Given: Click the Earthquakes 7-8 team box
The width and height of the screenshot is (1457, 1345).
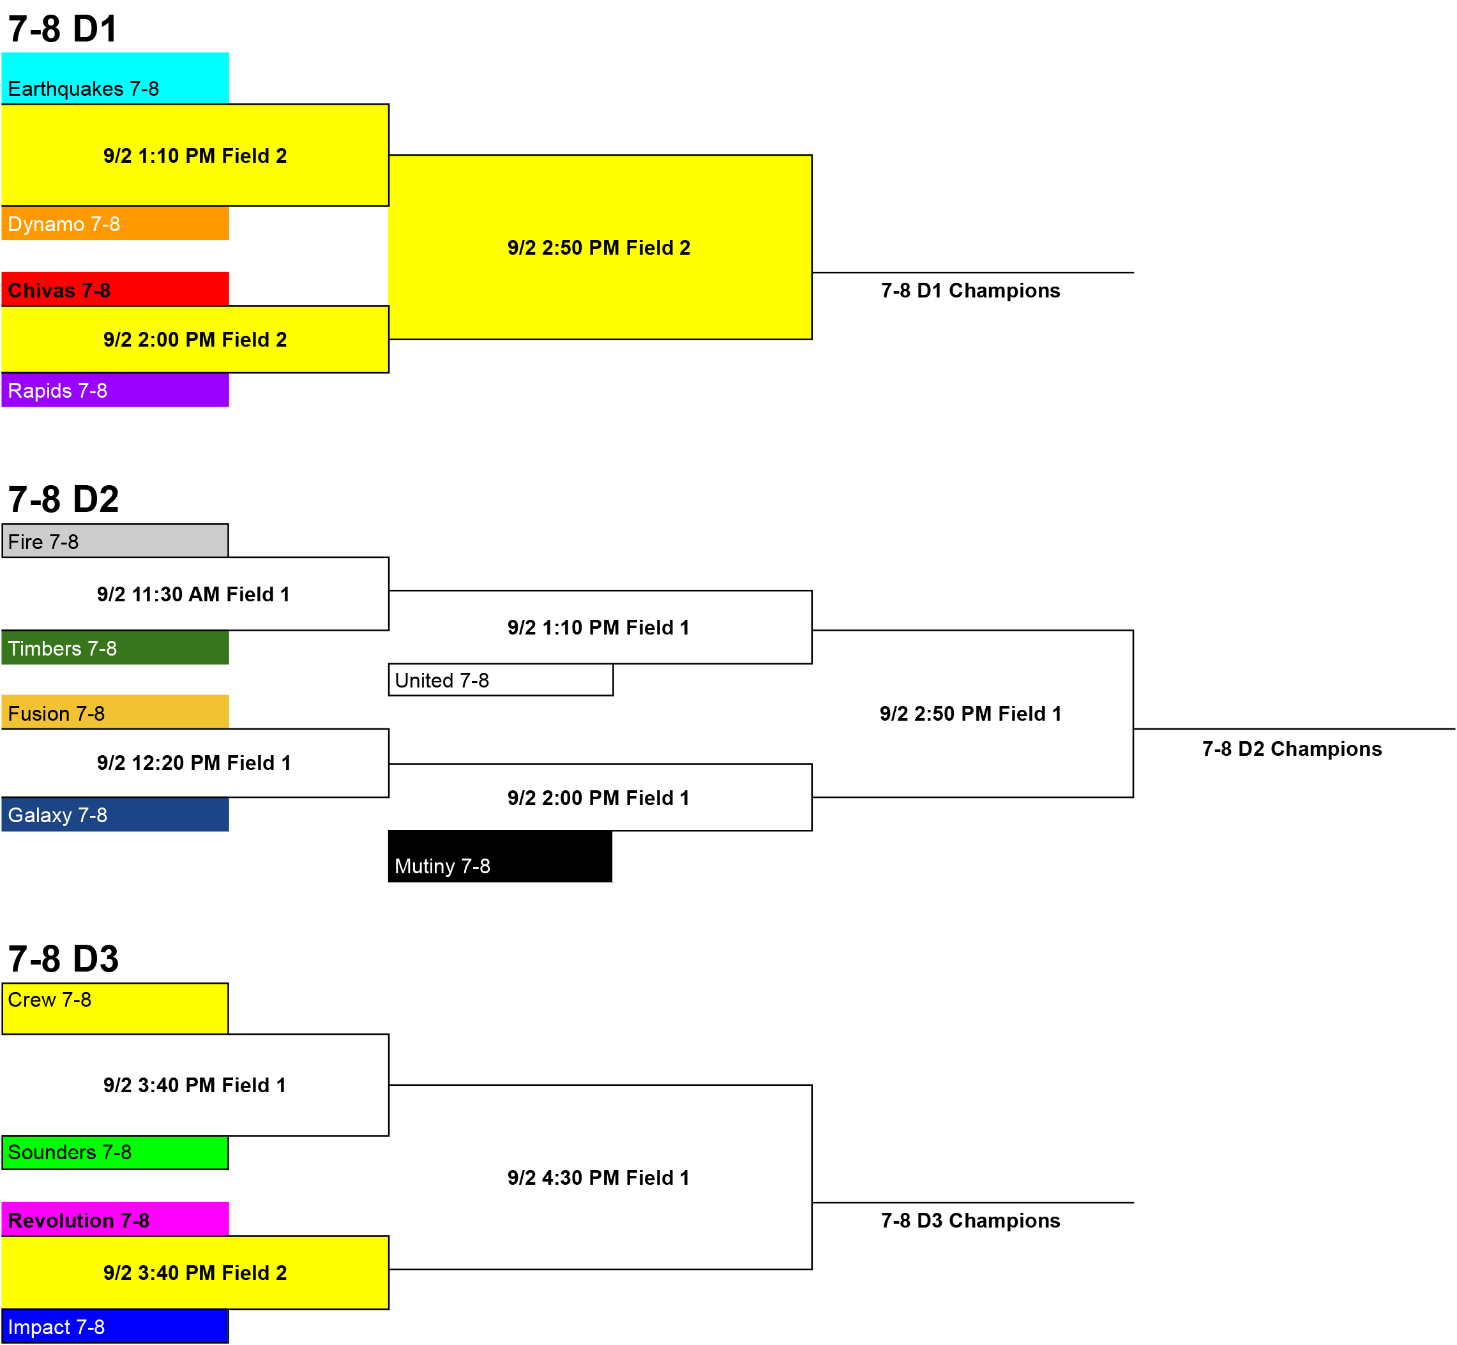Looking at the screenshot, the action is pos(115,78).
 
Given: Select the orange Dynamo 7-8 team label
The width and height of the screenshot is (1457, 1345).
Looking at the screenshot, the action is pos(115,223).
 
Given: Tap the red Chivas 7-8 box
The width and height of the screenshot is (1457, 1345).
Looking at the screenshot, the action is pos(115,289).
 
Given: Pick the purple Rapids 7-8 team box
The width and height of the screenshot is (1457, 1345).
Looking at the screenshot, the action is pos(115,390).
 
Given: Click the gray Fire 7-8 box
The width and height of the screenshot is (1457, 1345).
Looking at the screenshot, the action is pos(115,541).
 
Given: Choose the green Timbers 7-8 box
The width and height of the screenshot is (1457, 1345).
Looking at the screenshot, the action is pos(115,648).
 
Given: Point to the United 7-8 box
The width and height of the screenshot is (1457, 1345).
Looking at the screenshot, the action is pos(501,680).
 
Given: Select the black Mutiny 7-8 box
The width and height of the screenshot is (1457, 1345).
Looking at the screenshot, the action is pos(501,857).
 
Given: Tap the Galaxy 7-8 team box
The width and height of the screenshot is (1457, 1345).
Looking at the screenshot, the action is pos(115,815).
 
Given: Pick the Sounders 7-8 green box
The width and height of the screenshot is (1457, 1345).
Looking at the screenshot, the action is pos(115,1153).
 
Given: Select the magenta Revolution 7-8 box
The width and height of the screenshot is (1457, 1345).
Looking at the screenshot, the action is pos(115,1219).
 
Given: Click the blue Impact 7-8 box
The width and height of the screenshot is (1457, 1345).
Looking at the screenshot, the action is pos(115,1326).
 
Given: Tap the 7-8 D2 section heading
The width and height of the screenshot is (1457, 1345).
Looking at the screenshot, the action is pos(63,499).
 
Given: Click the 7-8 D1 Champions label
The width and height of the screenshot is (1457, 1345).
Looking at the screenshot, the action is pos(970,290).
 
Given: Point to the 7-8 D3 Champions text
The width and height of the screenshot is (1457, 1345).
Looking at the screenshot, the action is pos(970,1221).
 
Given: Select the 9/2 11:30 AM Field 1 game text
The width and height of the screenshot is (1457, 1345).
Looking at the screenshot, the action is pos(193,594).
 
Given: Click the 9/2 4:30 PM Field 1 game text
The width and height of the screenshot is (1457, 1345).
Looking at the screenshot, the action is pos(598,1178).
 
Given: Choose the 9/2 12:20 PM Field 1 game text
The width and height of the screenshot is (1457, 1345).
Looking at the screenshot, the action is pos(193,763).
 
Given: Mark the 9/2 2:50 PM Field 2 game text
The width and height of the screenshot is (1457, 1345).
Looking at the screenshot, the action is pos(598,248).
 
